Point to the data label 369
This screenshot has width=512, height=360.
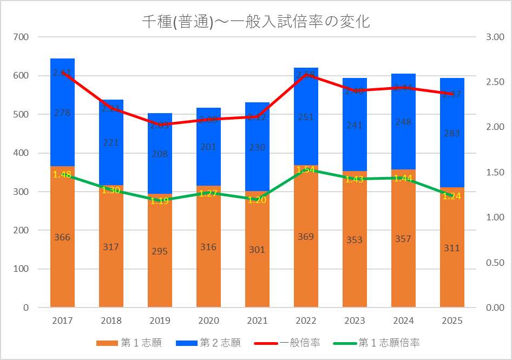point(306,237)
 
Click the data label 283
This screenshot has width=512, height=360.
point(452,133)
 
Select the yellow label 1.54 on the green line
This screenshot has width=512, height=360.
point(306,169)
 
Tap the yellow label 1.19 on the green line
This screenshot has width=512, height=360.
point(160,201)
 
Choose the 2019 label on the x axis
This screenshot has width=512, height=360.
point(160,320)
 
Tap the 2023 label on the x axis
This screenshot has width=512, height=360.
point(355,320)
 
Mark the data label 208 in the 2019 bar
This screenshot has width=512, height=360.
point(160,153)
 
